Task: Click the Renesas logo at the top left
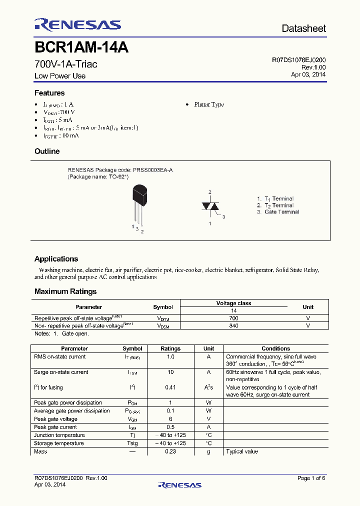[x=77, y=24]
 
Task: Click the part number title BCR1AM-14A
[x=81, y=48]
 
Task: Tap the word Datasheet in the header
[x=303, y=28]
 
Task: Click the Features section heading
[x=49, y=93]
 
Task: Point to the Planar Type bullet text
[x=208, y=104]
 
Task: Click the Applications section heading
[x=56, y=259]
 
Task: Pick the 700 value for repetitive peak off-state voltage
[x=233, y=318]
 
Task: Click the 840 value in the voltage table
[x=233, y=325]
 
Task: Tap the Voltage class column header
[x=233, y=303]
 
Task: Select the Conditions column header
[x=275, y=348]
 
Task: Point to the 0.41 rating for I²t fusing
[x=170, y=387]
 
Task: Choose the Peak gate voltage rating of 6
[x=170, y=419]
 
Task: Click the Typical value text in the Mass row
[x=242, y=451]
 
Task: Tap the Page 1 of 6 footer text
[x=311, y=478]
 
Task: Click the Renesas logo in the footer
[x=179, y=484]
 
